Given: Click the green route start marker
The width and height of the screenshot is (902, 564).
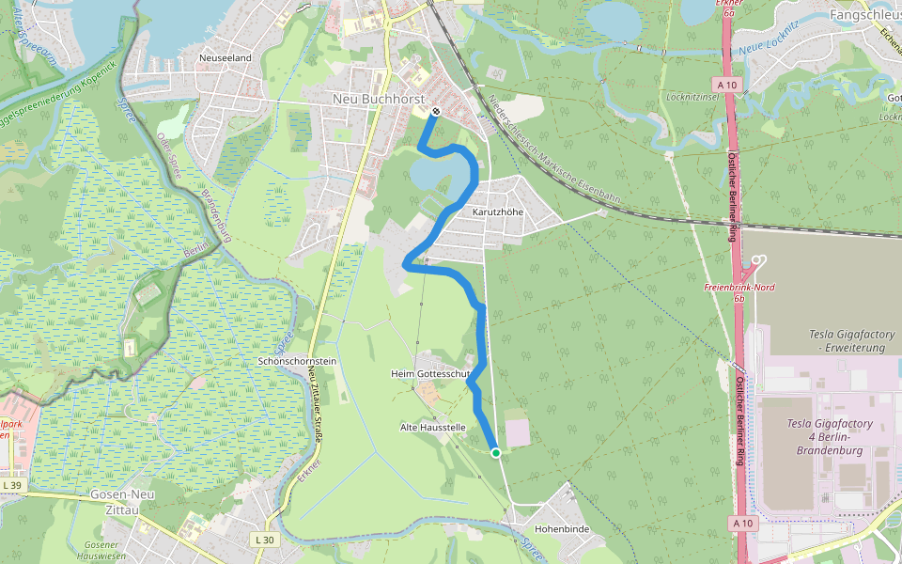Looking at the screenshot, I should [495, 453].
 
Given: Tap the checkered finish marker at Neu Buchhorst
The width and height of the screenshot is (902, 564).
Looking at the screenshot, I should [436, 111].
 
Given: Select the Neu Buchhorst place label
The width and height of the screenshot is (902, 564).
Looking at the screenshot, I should [380, 99].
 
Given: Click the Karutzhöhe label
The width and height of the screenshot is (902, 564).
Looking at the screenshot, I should [498, 211].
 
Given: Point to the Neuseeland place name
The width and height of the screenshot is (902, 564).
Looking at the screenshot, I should [225, 58].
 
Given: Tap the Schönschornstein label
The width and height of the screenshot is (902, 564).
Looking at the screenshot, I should [297, 361].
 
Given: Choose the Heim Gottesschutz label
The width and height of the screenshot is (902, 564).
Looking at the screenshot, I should [430, 374].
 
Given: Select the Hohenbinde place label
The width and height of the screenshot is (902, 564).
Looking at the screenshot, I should [562, 529].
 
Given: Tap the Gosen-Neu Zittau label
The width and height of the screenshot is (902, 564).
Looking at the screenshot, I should [114, 501].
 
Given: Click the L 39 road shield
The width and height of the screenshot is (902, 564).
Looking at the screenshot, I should [12, 485].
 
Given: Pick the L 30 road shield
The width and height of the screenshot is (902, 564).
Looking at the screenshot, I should [265, 540].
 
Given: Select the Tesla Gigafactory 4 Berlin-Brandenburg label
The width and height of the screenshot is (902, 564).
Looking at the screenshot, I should [830, 436].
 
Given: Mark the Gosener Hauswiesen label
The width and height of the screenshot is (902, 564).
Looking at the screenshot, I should [105, 551].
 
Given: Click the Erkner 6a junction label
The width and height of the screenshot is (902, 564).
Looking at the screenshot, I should [724, 8].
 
